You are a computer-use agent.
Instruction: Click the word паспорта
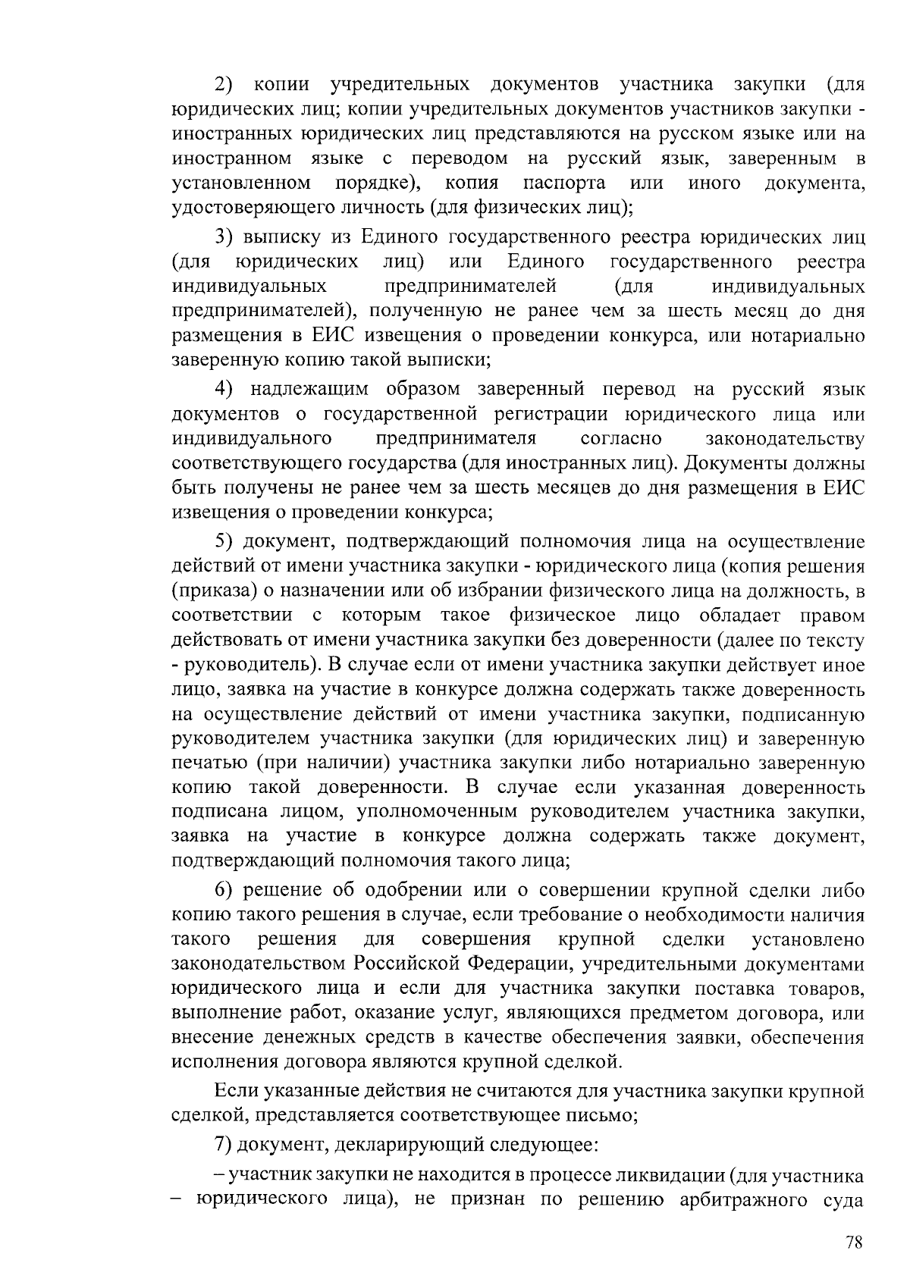pos(564,183)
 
